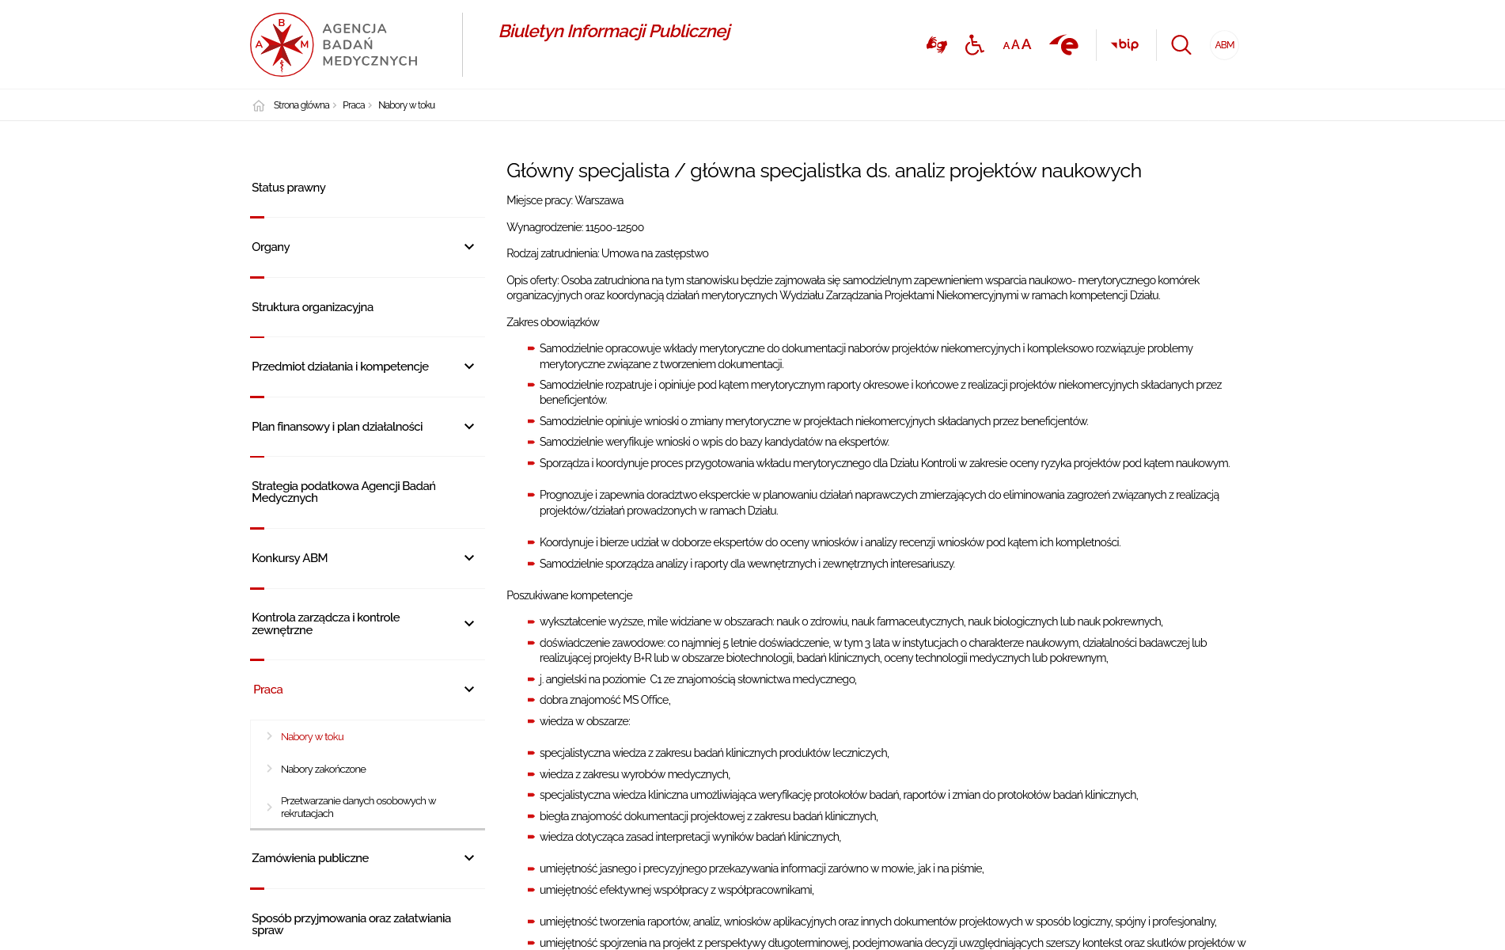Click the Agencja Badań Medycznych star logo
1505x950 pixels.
(x=282, y=45)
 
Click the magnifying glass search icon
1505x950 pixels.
(x=1181, y=45)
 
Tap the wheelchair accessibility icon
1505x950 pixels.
(x=974, y=45)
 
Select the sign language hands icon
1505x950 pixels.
(x=936, y=45)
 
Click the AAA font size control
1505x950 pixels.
(x=1017, y=45)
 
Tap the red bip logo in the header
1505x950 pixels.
(x=1124, y=45)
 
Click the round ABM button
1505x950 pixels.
(x=1224, y=45)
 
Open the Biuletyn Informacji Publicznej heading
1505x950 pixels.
(x=614, y=32)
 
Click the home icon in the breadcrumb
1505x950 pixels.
(x=259, y=106)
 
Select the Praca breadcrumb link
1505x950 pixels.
(x=353, y=105)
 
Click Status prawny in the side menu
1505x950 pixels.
(x=289, y=188)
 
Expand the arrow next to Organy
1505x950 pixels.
(x=469, y=247)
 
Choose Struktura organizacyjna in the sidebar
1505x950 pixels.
(x=313, y=307)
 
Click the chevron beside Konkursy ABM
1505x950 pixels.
(x=469, y=558)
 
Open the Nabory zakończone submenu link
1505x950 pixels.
(x=323, y=769)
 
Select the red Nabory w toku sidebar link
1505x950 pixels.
(x=312, y=737)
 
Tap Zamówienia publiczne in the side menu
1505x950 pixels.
(x=310, y=858)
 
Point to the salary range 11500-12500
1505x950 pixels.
(x=614, y=228)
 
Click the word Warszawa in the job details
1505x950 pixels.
(x=599, y=201)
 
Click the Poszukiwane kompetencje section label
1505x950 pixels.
(x=570, y=595)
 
